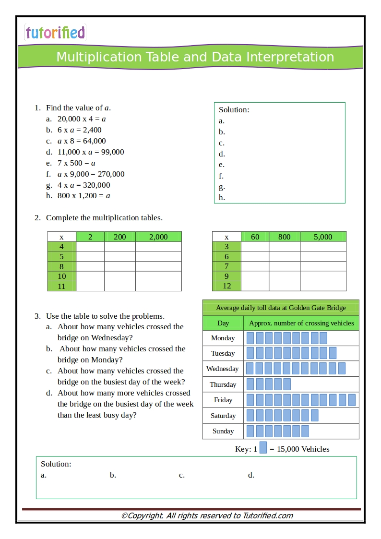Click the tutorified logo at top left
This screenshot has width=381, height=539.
click(55, 33)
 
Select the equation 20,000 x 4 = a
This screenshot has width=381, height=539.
click(81, 119)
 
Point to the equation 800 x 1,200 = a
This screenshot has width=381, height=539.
click(83, 196)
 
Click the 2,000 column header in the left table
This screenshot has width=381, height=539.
click(158, 237)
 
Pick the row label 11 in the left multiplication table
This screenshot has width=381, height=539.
click(61, 286)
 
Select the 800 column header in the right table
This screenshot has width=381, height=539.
click(284, 237)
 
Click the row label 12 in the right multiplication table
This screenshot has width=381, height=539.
click(226, 286)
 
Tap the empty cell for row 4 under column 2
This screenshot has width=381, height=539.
click(90, 247)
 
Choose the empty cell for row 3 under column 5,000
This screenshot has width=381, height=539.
click(323, 247)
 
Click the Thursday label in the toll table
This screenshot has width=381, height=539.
click(223, 384)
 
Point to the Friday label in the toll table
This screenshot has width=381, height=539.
click(223, 400)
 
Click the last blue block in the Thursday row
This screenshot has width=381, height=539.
click(287, 384)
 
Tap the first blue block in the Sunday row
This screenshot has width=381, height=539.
click(250, 431)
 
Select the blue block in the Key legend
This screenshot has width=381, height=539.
click(263, 448)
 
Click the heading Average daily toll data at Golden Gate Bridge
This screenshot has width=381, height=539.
click(280, 308)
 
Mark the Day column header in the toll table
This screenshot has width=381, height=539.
click(223, 323)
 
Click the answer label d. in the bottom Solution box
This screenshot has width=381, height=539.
click(251, 475)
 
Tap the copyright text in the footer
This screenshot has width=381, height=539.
click(207, 515)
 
